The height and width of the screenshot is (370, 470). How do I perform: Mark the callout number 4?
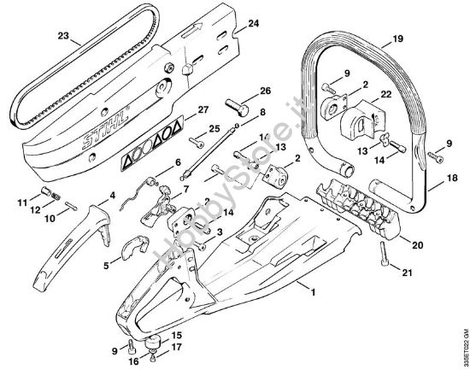coord(111,196)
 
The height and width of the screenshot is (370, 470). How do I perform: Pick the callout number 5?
coord(106,265)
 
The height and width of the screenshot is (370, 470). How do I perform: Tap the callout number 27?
coord(203,109)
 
